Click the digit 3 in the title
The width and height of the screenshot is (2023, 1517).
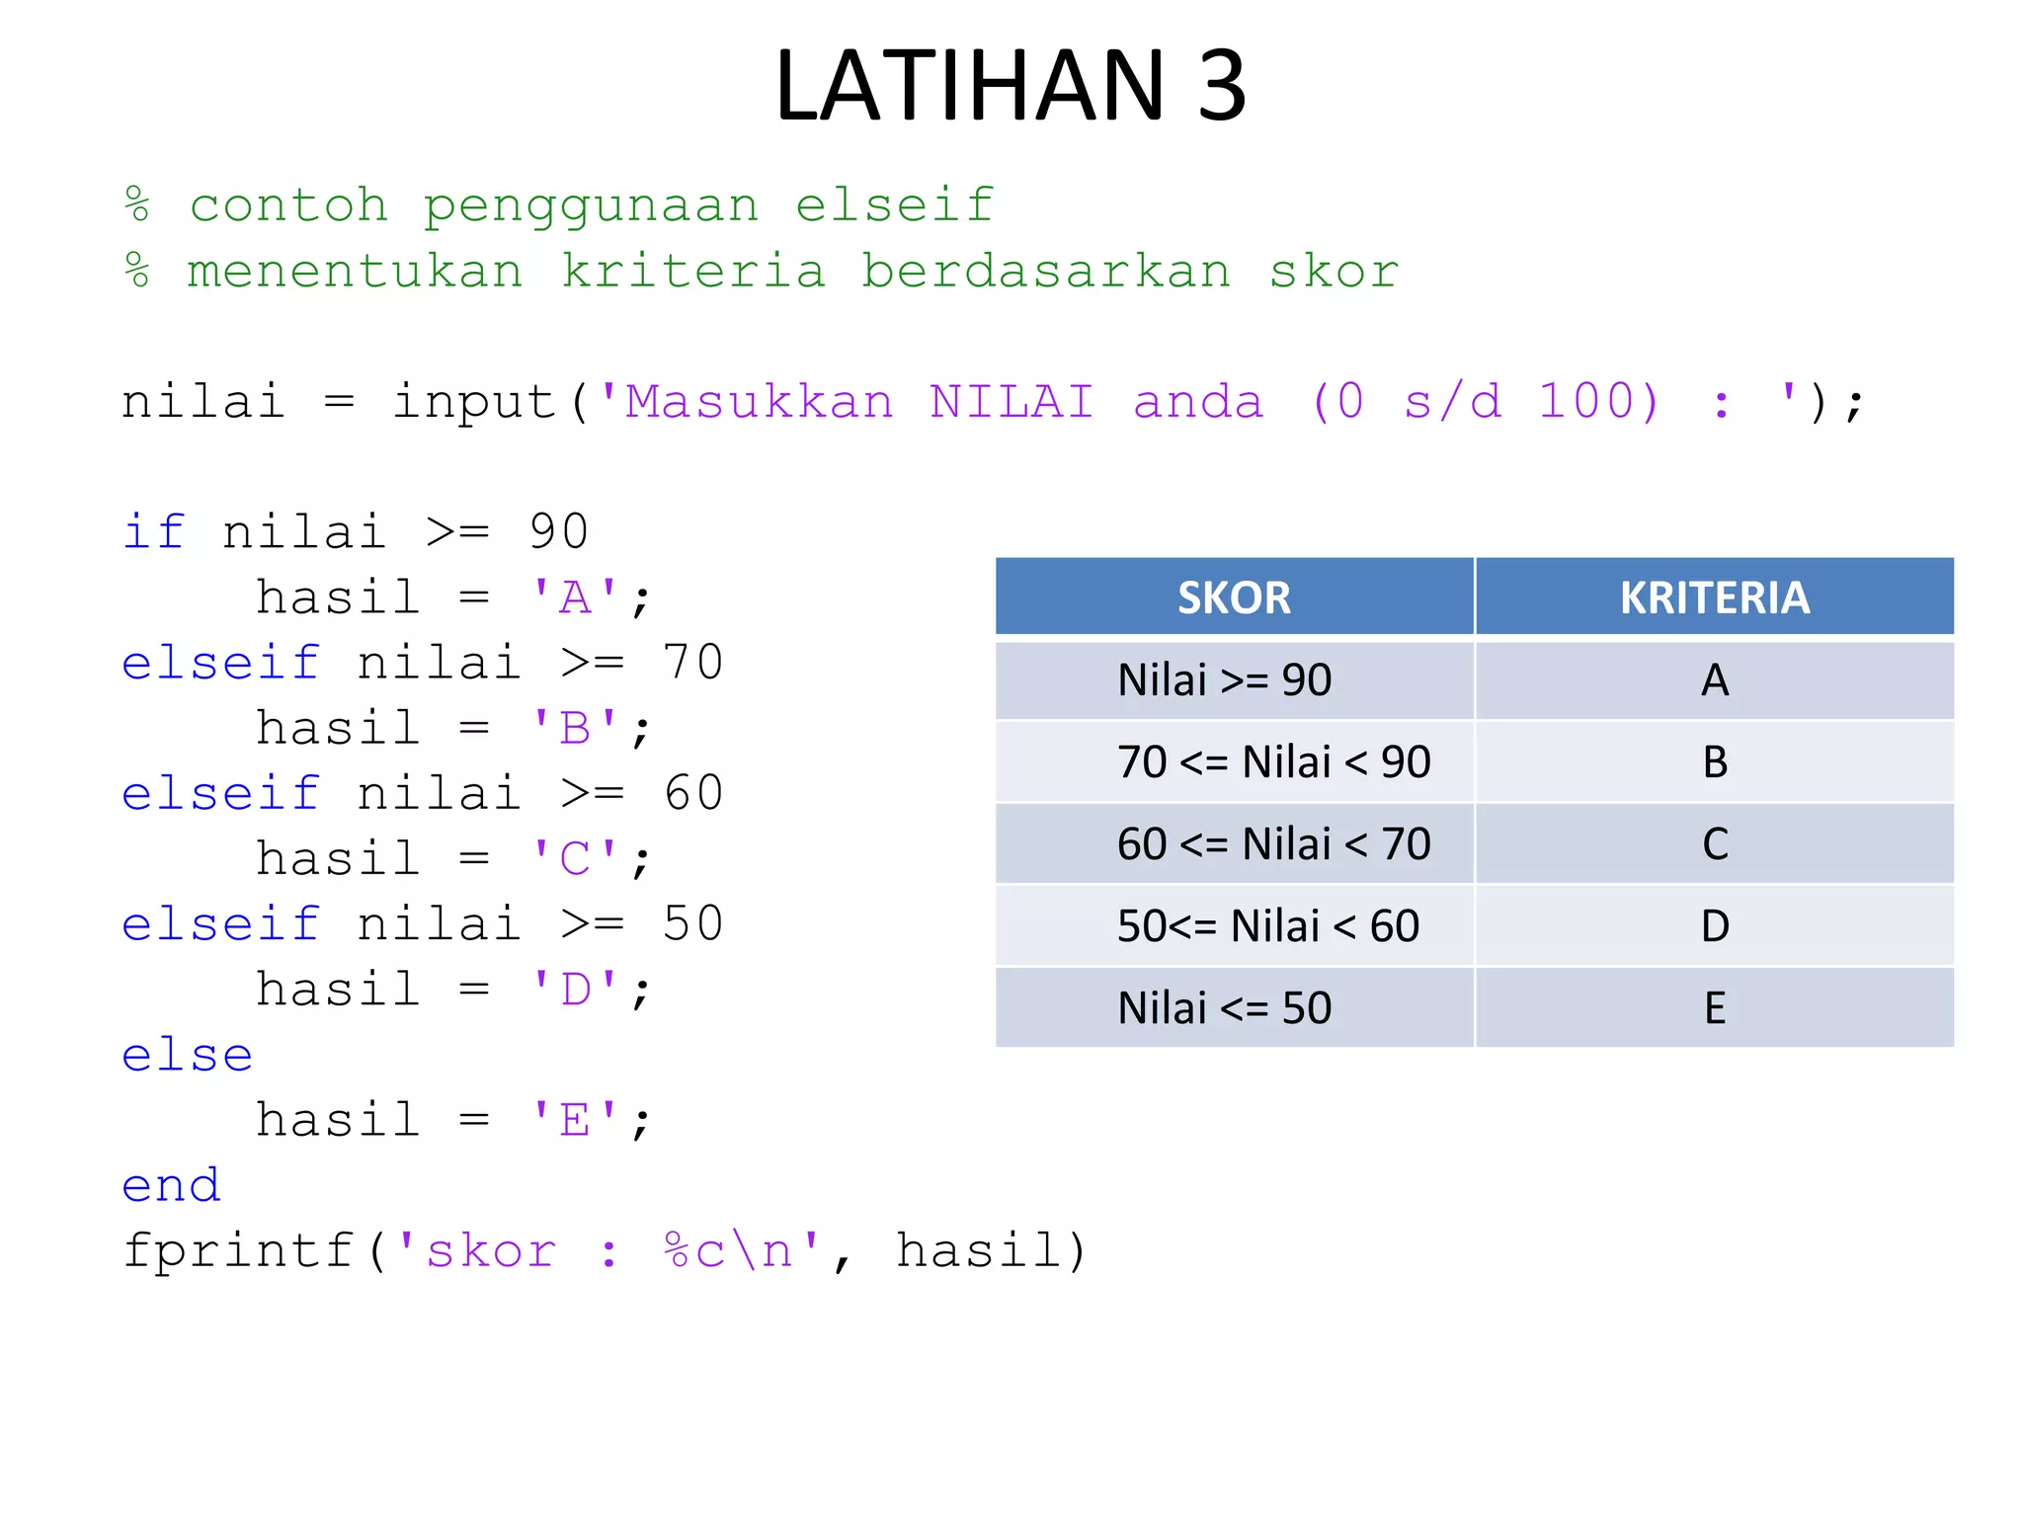click(x=1222, y=87)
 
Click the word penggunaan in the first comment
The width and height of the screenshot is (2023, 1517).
click(x=591, y=207)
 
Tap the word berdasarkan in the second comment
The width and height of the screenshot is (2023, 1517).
click(x=1046, y=273)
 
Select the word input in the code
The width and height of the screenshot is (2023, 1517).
click(x=475, y=403)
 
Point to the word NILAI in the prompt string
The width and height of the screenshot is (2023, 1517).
click(x=1011, y=403)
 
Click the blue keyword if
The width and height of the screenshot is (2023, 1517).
click(x=154, y=533)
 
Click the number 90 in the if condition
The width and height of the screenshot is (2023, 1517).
click(x=559, y=533)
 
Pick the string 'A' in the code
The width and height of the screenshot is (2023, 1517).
click(x=575, y=599)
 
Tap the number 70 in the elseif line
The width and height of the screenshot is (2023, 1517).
click(x=693, y=664)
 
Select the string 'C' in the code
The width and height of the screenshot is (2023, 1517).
click(x=575, y=859)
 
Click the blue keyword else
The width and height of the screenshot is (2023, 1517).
click(x=188, y=1056)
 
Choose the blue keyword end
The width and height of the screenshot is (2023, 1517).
click(x=171, y=1186)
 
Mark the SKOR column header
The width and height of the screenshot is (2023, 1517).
click(x=1234, y=598)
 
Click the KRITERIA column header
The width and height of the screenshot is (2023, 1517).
click(x=1715, y=598)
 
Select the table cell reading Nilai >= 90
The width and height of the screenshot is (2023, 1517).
click(x=1225, y=680)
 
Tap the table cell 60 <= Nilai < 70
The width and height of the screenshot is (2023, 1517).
click(x=1273, y=844)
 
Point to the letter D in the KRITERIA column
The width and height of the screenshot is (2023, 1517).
click(x=1715, y=926)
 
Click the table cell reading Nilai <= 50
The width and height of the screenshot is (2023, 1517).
click(x=1225, y=1008)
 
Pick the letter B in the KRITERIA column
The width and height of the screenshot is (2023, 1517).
click(x=1715, y=762)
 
